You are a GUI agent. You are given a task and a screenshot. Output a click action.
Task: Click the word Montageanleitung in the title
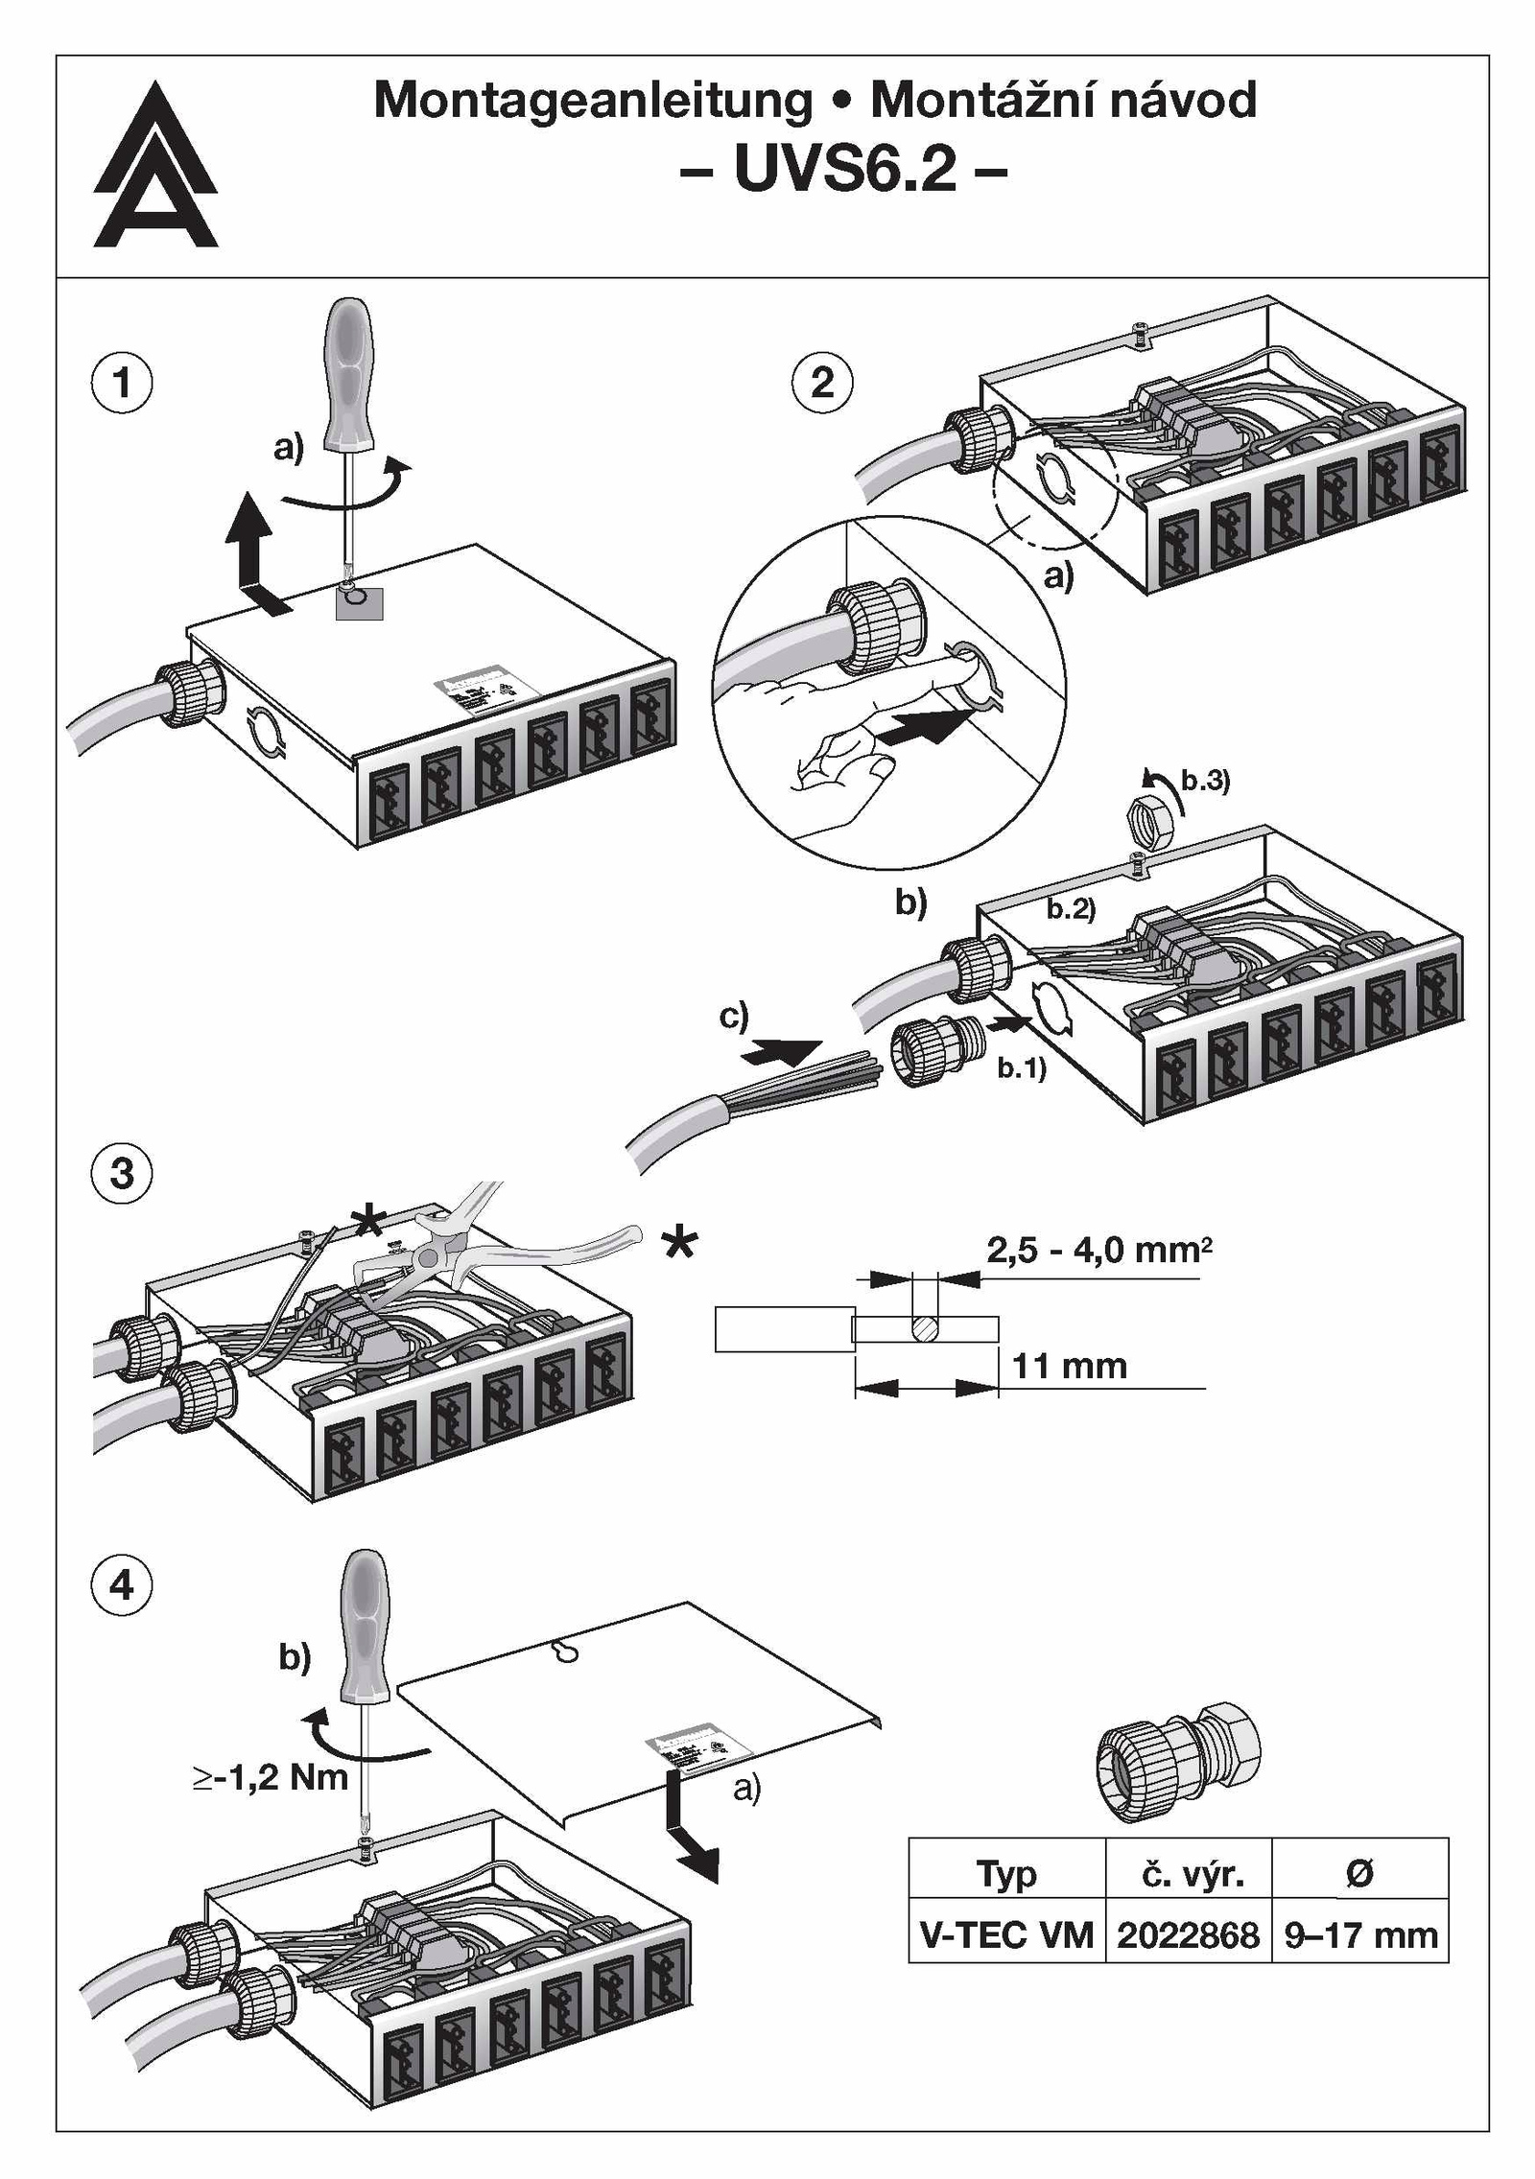[592, 101]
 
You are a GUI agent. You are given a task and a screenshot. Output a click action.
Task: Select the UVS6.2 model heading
[844, 170]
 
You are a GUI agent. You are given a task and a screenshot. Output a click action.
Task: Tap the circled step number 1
[121, 383]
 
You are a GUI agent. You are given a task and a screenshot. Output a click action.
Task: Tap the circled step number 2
[822, 383]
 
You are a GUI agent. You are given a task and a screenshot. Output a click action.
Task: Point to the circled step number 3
[121, 1173]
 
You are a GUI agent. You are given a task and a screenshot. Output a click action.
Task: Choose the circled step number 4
[121, 1584]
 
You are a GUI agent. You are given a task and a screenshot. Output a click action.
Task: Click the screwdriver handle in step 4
[366, 1628]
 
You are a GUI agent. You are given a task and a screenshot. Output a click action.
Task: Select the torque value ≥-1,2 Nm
[270, 1777]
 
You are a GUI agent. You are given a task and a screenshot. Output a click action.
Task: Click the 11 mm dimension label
[1069, 1366]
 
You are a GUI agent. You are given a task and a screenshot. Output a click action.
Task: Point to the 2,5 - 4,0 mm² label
[1098, 1251]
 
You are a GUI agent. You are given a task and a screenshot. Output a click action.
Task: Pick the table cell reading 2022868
[1188, 1934]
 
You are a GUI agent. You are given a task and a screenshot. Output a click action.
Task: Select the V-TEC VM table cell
[1006, 1934]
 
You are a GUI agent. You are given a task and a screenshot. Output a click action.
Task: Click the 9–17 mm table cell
[1360, 1934]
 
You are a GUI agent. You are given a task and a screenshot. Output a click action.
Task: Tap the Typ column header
[1006, 1873]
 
